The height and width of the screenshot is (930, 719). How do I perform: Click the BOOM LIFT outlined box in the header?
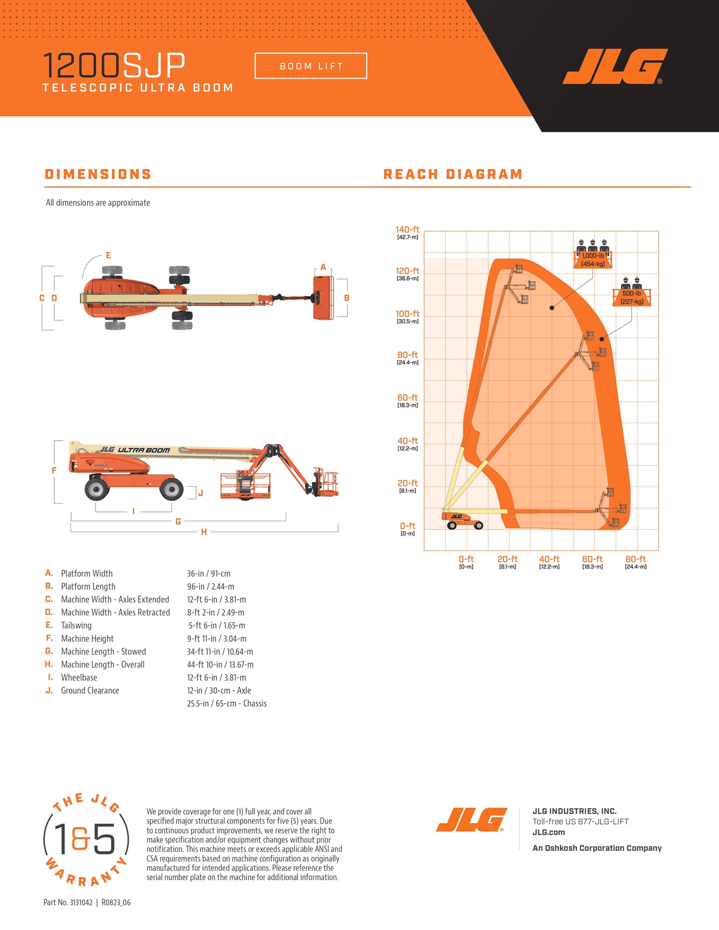[311, 66]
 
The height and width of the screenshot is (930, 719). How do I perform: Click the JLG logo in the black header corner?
[615, 67]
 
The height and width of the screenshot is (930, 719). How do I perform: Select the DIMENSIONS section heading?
[98, 174]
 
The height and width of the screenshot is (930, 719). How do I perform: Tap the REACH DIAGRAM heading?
[453, 174]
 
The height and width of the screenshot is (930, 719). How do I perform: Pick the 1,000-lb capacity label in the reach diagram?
[593, 260]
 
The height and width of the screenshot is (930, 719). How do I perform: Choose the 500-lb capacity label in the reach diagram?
[632, 297]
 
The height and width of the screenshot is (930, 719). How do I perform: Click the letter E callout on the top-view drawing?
[108, 255]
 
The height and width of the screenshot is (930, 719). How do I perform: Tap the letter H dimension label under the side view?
[204, 532]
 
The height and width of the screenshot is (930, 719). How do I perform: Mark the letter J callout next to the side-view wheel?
[201, 493]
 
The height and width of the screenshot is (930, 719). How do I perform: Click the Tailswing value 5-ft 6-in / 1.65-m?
[217, 626]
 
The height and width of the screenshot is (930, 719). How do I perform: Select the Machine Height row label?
[87, 639]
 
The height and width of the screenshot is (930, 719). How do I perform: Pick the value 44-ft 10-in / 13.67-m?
[220, 664]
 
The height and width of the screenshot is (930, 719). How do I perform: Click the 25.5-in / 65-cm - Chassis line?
[227, 703]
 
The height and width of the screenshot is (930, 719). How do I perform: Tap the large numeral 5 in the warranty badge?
[103, 838]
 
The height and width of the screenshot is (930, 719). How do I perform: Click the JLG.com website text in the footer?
[549, 832]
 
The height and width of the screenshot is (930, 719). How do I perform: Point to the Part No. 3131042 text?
[68, 902]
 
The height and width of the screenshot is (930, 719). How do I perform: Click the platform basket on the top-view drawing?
[322, 297]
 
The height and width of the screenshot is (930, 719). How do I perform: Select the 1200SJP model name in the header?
[114, 65]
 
